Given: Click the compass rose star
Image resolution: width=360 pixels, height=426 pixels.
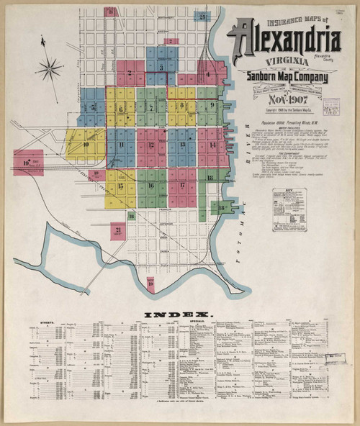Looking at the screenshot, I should [49, 69].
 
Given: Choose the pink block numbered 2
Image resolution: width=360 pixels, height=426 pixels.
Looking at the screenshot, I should [130, 73].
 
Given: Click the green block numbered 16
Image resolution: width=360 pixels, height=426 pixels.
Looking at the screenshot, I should [151, 185].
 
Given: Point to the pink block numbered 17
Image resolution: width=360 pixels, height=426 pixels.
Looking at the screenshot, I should [182, 185].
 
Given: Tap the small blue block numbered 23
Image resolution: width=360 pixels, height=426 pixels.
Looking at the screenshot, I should [204, 15].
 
